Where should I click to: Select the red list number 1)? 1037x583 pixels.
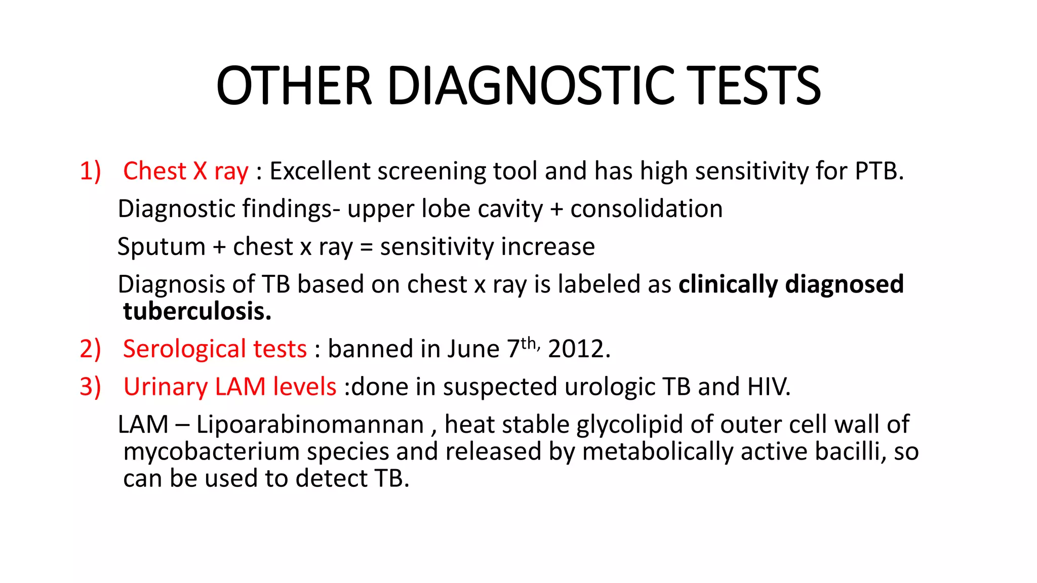90,171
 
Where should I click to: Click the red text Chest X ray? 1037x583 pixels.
185,171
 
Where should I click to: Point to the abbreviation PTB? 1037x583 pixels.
879,171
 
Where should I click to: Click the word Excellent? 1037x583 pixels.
320,171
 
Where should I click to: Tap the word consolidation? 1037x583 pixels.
646,209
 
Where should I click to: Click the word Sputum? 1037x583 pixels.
161,247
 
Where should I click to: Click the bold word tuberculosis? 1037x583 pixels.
196,311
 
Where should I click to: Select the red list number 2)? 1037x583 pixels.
90,349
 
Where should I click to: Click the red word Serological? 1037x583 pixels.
184,349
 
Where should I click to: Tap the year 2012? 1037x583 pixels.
578,349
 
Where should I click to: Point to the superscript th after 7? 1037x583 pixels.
529,343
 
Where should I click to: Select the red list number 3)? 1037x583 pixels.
90,387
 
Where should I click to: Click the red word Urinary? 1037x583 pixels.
165,387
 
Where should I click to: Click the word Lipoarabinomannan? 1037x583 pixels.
310,425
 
